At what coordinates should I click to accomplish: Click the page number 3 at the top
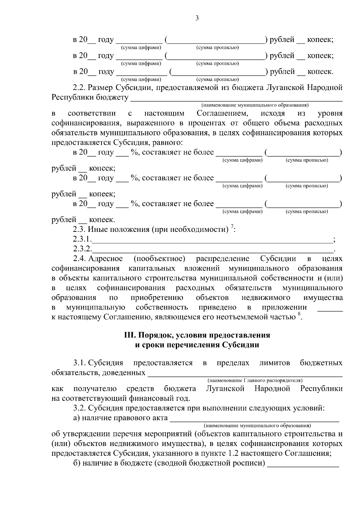pyautogui.click(x=197, y=18)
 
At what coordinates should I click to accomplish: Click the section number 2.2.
pyautogui.click(x=79, y=88)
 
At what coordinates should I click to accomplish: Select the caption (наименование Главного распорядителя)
pyautogui.click(x=255, y=381)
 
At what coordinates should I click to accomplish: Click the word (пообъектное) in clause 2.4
pyautogui.click(x=159, y=259)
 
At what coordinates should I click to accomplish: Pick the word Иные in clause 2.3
pyautogui.click(x=98, y=230)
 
